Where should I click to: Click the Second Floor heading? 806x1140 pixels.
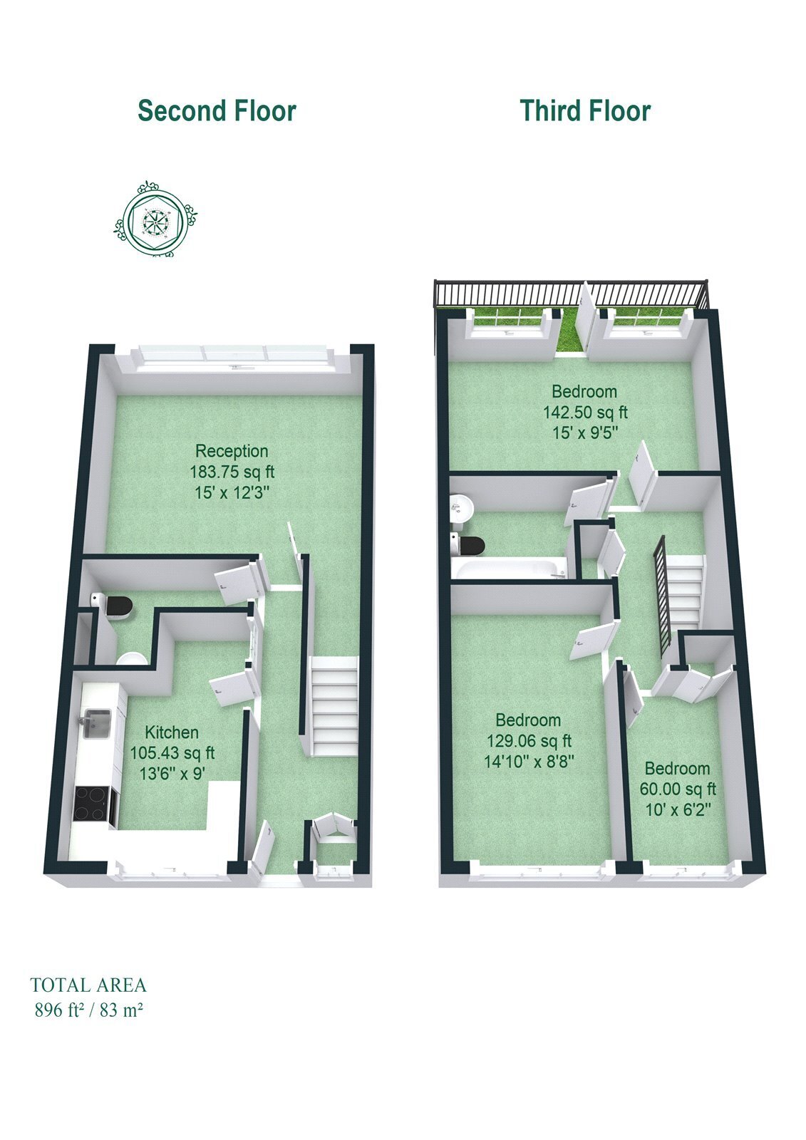pos(217,111)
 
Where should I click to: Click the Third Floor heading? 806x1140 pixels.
pos(585,111)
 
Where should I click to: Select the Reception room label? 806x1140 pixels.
pos(232,451)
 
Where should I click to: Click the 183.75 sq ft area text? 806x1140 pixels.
pos(232,472)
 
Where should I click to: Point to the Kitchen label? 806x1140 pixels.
pos(172,732)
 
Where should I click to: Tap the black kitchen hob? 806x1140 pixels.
pos(92,804)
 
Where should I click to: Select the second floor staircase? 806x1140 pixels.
pos(334,706)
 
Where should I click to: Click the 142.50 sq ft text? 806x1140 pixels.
pos(585,412)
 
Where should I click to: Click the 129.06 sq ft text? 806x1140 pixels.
pos(529,740)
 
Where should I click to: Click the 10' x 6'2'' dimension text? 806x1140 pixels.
pos(678,809)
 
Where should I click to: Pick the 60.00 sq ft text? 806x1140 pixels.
pos(678,789)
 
